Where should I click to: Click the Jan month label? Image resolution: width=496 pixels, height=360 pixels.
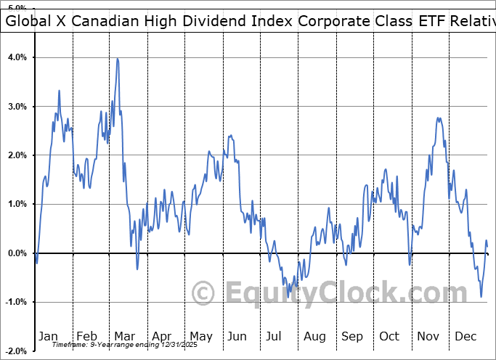49,336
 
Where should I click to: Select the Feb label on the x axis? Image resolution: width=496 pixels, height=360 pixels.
86,336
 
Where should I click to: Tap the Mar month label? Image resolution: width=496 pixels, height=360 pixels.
123,336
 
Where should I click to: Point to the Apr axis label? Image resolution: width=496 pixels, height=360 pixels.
161,336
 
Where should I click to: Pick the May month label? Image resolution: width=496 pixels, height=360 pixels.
200,336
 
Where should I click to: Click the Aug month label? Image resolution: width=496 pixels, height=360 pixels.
314,336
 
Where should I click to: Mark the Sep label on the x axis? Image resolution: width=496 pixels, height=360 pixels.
352,336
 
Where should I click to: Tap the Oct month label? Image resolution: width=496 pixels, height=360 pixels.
389,336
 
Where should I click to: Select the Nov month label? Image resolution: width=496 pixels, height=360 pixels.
427,336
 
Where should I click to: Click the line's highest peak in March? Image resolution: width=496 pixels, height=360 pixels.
117,59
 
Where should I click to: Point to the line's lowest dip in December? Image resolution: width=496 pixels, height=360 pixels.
481,296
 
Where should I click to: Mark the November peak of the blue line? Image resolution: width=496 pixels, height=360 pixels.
438,118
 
